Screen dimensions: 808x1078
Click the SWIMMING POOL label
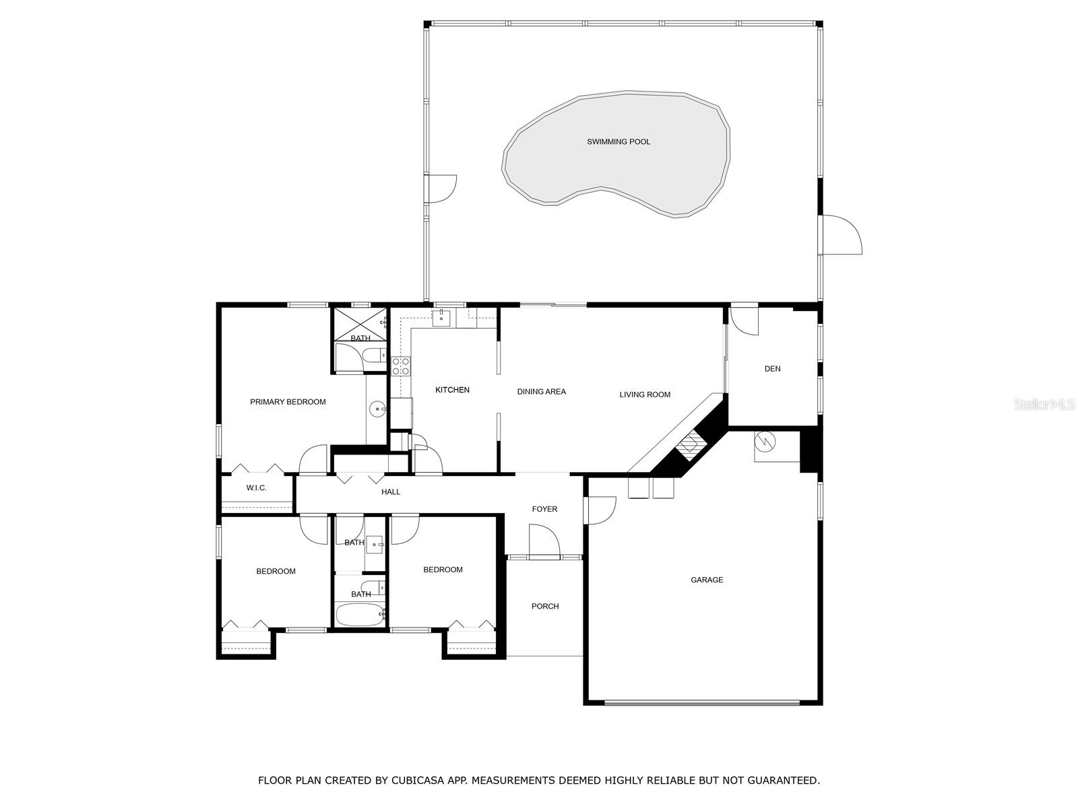point(619,142)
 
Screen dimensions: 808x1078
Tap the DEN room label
point(772,369)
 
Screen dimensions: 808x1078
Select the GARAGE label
point(707,580)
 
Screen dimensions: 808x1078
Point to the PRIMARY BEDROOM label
point(288,402)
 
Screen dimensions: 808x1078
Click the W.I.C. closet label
point(256,488)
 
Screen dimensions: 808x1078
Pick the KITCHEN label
point(452,391)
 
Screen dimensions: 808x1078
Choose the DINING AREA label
point(541,392)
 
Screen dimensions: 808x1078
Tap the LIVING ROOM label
point(645,395)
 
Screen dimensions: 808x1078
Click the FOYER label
point(544,509)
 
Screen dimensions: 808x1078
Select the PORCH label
point(545,607)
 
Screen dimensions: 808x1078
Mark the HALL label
point(391,492)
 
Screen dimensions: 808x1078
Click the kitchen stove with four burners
point(401,366)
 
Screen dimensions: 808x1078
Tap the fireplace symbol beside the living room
point(689,444)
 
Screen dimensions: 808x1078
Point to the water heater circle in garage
point(766,442)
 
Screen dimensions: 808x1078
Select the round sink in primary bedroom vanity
point(378,408)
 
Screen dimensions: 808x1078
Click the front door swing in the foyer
point(544,542)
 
